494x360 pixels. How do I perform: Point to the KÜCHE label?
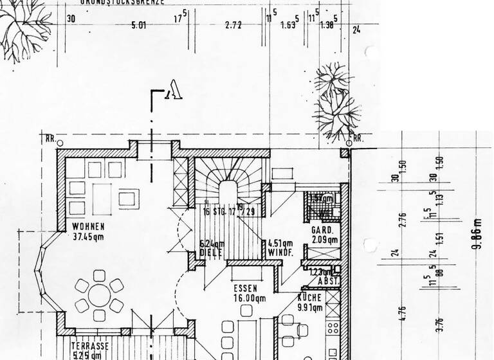(309, 298)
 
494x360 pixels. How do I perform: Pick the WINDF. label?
(281, 253)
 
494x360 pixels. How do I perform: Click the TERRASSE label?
(89, 345)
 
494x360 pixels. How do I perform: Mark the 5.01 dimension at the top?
(139, 26)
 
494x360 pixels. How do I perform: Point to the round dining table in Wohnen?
(98, 296)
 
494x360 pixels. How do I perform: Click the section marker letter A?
(172, 94)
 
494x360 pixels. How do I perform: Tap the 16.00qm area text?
(250, 298)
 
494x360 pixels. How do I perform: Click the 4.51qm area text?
(280, 243)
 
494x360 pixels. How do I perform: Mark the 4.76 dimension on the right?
(403, 313)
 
